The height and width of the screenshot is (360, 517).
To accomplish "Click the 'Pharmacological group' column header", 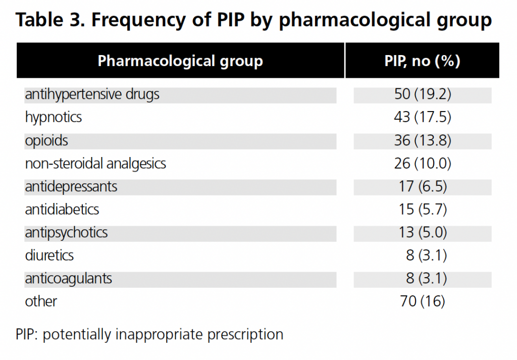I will [x=180, y=61].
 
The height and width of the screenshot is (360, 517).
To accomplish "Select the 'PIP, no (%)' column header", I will [x=422, y=61].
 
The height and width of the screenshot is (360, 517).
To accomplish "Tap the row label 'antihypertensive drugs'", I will [x=92, y=94].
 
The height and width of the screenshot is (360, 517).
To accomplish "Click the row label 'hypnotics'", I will [x=54, y=118].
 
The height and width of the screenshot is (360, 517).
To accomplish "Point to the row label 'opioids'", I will [x=46, y=140].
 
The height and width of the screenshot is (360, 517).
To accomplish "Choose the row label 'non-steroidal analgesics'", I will [x=95, y=164].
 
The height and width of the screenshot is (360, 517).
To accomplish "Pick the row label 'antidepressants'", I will [x=71, y=186].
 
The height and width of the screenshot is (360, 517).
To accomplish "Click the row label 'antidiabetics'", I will [x=62, y=209].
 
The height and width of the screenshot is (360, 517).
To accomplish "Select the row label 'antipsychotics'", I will [x=67, y=232].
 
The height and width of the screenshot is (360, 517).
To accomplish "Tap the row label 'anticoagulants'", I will [x=69, y=278].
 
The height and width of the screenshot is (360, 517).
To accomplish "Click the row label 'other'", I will [x=41, y=301].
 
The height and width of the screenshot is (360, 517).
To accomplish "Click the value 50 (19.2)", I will [x=422, y=94].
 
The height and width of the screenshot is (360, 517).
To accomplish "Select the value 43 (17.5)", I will [x=422, y=118].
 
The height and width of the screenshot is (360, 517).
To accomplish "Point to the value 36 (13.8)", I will [x=422, y=140].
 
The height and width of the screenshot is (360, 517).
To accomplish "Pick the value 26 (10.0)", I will [x=422, y=164].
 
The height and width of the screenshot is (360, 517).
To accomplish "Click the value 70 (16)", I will [x=422, y=301].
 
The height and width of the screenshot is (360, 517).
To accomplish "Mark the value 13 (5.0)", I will [x=422, y=232].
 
